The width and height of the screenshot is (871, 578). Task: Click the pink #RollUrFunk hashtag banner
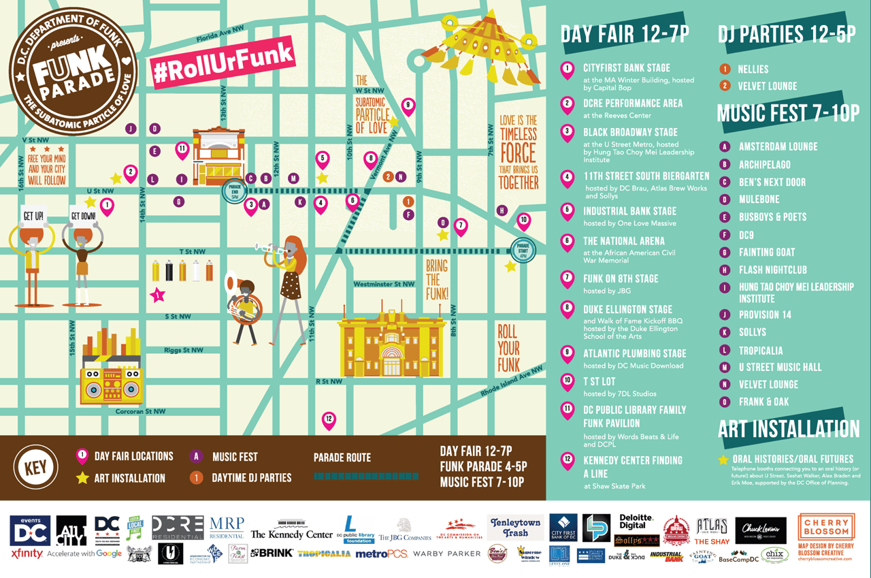click(x=223, y=63)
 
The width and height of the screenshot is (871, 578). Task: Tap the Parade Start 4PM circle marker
click(x=523, y=250)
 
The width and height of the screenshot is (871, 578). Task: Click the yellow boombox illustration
click(x=111, y=385)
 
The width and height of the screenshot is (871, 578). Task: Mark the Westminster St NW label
click(x=384, y=284)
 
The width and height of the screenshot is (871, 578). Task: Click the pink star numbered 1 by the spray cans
click(x=158, y=295)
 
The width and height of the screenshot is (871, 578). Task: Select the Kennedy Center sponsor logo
click(x=291, y=534)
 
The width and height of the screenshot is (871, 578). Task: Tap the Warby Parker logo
click(x=446, y=554)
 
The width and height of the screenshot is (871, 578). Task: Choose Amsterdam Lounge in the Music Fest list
click(x=778, y=146)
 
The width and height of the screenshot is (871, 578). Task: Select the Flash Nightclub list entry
click(x=772, y=270)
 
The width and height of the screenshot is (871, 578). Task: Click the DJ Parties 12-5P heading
click(x=788, y=34)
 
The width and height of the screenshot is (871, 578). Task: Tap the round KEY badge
click(x=35, y=468)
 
